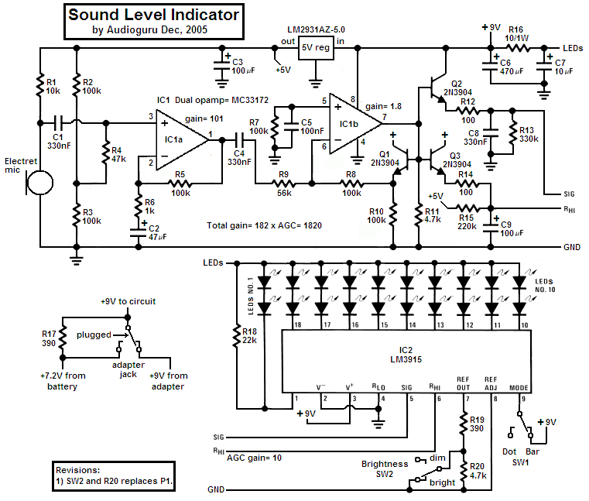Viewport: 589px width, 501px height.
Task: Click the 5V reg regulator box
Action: pyautogui.click(x=316, y=48)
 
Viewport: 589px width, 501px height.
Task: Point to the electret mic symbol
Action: pyautogui.click(x=39, y=183)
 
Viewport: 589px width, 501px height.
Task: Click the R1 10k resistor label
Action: pyautogui.click(x=53, y=87)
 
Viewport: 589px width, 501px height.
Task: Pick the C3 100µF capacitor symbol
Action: pyautogui.click(x=222, y=66)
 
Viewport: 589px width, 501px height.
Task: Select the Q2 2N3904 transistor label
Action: pyautogui.click(x=457, y=88)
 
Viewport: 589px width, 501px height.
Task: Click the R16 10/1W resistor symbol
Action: pyautogui.click(x=518, y=48)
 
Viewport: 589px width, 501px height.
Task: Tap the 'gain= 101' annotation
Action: pyautogui.click(x=204, y=118)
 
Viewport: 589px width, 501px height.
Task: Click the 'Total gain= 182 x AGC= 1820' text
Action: pyautogui.click(x=264, y=225)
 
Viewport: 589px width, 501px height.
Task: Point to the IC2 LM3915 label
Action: pyautogui.click(x=406, y=355)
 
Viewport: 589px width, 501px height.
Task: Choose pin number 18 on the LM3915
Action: pyautogui.click(x=298, y=324)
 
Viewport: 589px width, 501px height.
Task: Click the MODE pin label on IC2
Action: pyautogui.click(x=519, y=388)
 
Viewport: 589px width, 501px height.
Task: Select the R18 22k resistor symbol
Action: pyautogui.click(x=237, y=335)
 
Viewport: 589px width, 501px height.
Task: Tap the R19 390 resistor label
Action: pyautogui.click(x=477, y=424)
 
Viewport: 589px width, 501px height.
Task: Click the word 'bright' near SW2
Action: pyautogui.click(x=442, y=482)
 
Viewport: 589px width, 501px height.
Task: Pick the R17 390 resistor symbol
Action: pyautogui.click(x=63, y=337)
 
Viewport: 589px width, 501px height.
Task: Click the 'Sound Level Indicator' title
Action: pyautogui.click(x=154, y=15)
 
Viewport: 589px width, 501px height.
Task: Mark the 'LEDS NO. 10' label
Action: pyautogui.click(x=545, y=285)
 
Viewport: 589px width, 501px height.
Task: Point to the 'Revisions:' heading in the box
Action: pyautogui.click(x=77, y=470)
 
